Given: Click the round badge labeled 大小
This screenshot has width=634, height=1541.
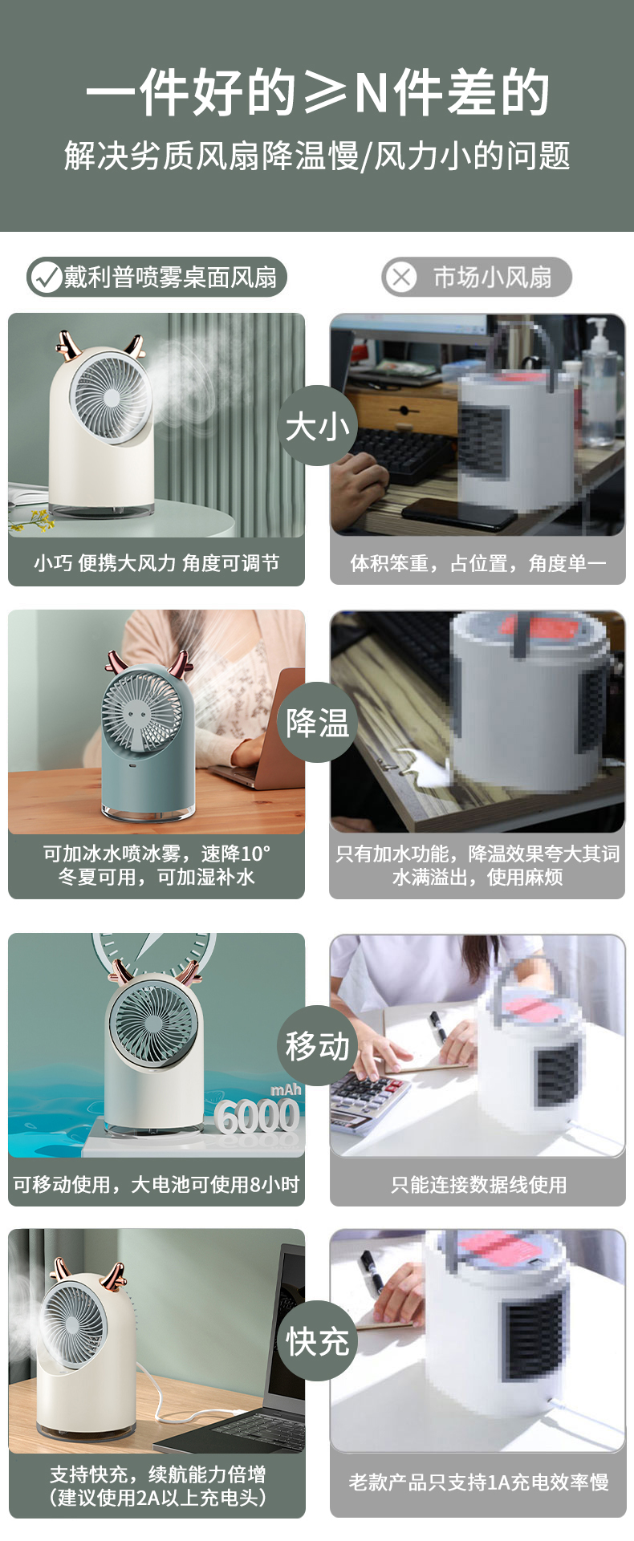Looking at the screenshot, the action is [x=317, y=425].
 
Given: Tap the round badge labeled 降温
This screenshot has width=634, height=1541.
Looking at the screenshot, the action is [x=317, y=722].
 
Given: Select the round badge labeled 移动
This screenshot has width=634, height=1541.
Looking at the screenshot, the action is [x=317, y=1045].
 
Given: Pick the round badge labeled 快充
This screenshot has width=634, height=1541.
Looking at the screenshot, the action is [x=317, y=1340].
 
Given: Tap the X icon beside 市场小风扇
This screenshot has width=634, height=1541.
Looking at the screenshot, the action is [x=401, y=278].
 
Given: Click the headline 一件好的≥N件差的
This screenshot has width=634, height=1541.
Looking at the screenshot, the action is [x=317, y=93].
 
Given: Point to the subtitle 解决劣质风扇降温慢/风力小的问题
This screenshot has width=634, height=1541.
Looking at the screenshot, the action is [x=317, y=156].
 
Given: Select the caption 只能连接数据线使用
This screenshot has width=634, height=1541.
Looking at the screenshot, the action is [x=478, y=1184].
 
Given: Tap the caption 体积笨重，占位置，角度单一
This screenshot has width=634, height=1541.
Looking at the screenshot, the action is [x=478, y=563].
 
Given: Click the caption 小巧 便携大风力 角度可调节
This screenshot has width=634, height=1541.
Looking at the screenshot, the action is [x=156, y=563].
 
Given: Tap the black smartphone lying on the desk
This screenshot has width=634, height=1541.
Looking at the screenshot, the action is [x=458, y=513].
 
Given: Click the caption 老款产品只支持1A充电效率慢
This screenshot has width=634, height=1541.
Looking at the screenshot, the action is [x=478, y=1481].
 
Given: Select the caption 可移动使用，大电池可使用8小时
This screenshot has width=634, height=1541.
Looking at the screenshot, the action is [x=156, y=1184].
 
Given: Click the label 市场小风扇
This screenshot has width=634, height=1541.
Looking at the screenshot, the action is [x=492, y=278].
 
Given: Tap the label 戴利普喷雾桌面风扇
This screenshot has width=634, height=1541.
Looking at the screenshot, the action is [x=170, y=278].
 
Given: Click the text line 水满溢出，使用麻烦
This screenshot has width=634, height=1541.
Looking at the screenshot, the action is [x=478, y=877].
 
